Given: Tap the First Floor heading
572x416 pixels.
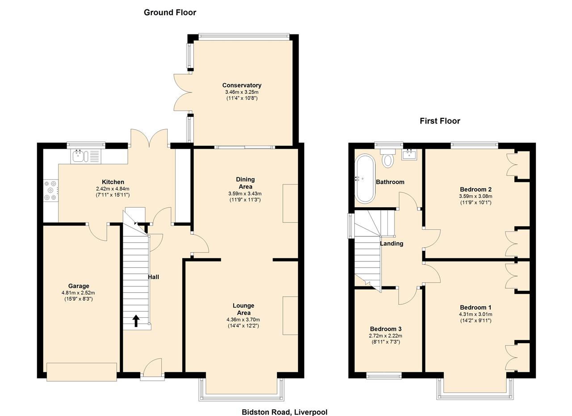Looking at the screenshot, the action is (440, 121).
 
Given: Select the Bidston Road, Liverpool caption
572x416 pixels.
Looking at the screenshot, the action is (284, 412).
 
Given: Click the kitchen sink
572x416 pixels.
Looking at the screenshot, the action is (80, 156).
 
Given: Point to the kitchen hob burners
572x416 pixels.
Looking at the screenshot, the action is (50, 190).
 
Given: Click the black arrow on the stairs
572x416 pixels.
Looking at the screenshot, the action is (136, 321).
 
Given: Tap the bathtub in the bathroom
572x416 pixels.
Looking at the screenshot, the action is (365, 179).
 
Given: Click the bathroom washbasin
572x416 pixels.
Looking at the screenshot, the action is (409, 154).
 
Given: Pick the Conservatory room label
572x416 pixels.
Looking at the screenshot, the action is (242, 85).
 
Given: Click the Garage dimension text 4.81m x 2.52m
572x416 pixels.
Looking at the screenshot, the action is (78, 293).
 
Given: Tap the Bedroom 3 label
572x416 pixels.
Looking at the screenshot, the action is (386, 329).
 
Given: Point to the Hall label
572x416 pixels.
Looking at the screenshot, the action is (153, 277).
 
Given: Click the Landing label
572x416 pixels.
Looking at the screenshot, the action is (391, 244).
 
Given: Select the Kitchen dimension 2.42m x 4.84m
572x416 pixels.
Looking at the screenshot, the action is (113, 189).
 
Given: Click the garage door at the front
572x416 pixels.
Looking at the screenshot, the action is (82, 372).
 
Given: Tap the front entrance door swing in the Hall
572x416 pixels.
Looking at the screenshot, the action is (153, 367).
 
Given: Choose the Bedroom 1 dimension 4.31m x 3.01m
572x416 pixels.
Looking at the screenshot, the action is (475, 315).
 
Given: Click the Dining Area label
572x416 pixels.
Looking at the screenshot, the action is (245, 183).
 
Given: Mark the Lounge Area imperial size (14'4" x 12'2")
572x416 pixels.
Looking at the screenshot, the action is (243, 326).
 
